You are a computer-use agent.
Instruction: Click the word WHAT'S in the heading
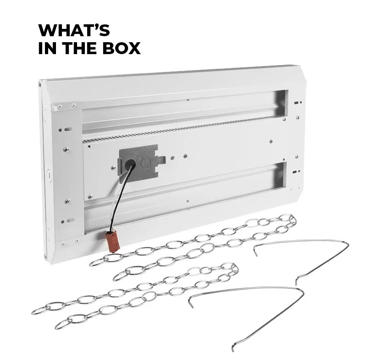tap(74, 30)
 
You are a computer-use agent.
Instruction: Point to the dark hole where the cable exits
tap(130, 165)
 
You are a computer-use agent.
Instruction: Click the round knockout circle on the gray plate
tap(146, 161)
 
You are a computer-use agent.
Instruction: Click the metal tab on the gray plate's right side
tap(162, 159)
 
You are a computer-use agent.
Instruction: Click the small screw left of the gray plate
tap(113, 168)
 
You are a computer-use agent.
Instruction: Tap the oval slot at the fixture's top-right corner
tap(296, 102)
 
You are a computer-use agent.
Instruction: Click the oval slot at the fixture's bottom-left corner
tap(70, 220)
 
